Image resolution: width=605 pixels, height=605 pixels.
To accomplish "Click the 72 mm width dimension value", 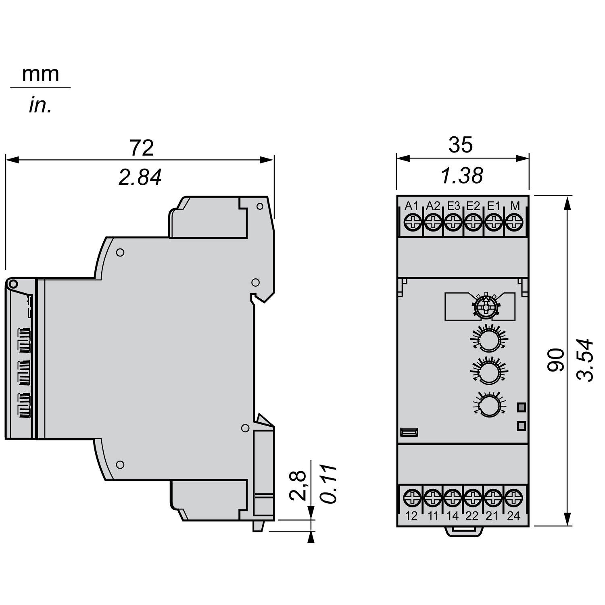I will (142, 148).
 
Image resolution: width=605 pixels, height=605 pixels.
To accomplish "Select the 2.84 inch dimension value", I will (140, 177).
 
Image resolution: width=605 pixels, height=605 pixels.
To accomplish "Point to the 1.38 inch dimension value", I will (462, 176).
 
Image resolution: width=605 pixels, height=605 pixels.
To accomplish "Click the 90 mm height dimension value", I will (556, 360).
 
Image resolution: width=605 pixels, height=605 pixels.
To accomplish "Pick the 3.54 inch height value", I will (585, 360).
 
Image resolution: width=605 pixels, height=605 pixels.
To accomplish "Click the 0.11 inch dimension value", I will (329, 484).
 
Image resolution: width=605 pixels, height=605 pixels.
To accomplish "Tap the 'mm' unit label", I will (40, 74).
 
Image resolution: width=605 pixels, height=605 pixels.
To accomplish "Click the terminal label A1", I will (411, 206).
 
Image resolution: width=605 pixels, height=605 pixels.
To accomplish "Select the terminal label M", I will (515, 206).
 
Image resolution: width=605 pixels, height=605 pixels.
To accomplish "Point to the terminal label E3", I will (453, 206).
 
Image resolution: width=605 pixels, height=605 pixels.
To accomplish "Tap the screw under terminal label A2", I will (432, 221).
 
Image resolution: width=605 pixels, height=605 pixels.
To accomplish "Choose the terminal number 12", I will (411, 516).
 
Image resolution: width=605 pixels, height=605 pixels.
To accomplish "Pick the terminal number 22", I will (472, 516).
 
